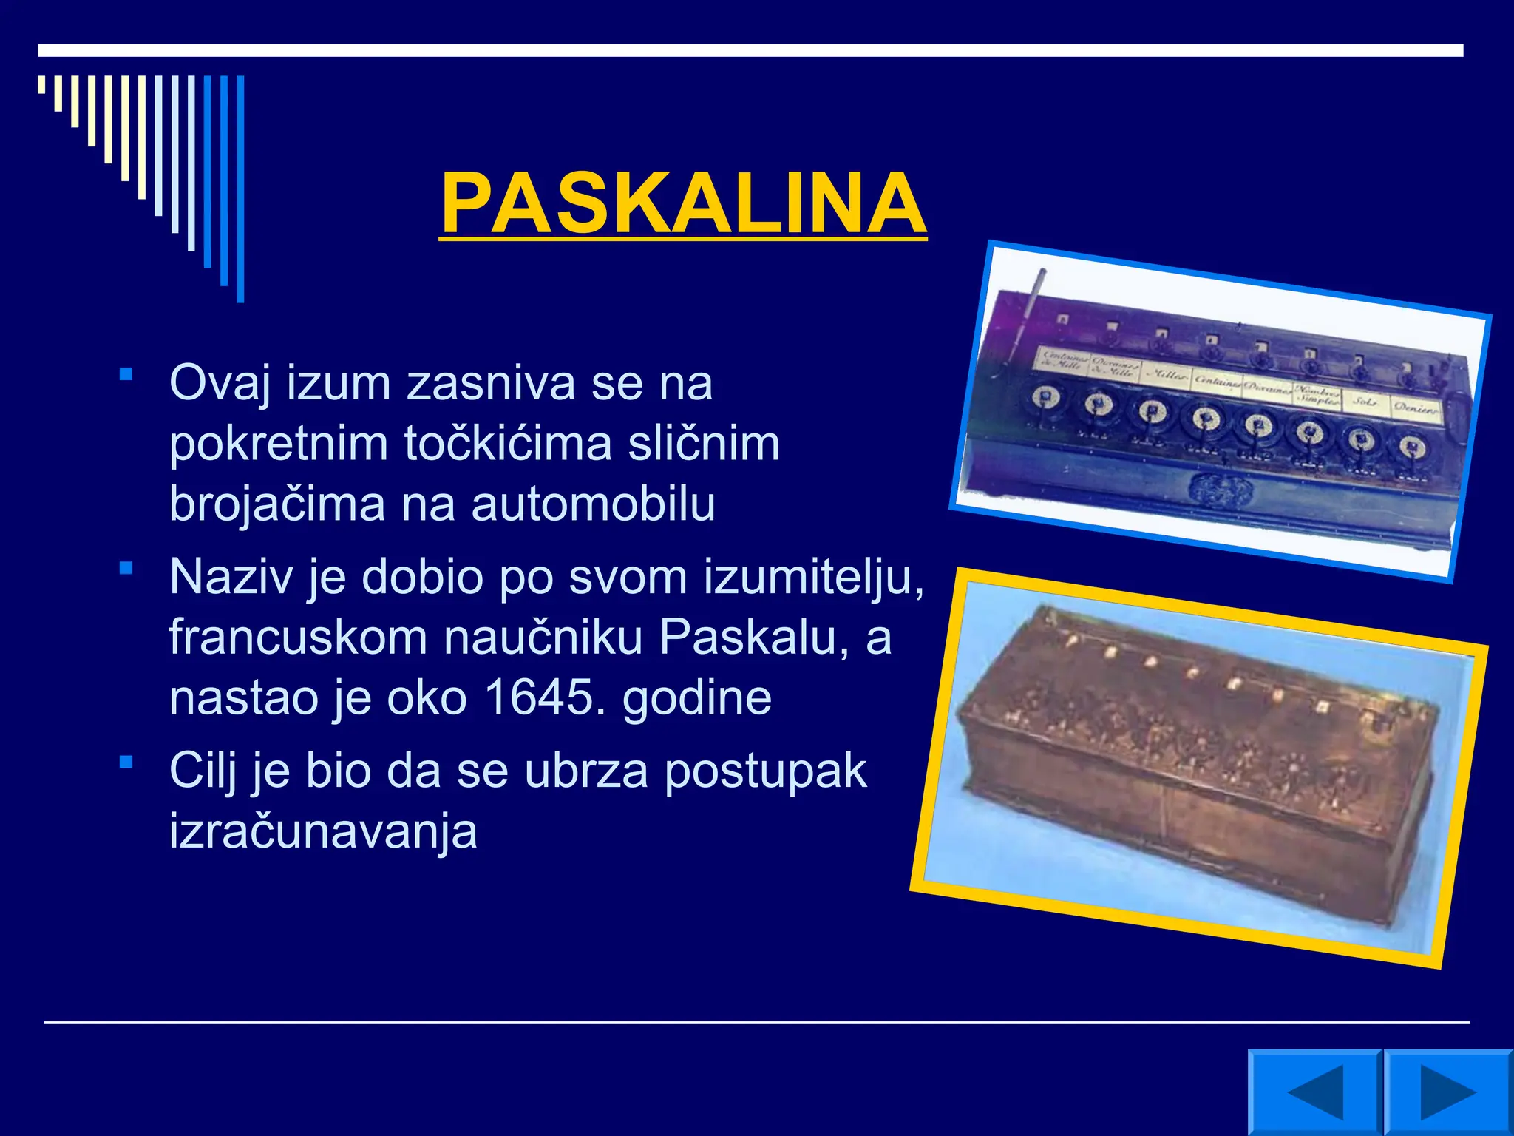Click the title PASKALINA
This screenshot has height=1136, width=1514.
click(683, 203)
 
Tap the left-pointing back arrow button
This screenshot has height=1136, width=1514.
click(1314, 1092)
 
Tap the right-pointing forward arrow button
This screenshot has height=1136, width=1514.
click(1447, 1092)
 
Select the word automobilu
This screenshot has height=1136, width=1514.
click(593, 504)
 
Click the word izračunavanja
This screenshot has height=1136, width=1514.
click(323, 831)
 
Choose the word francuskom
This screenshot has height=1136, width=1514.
click(299, 638)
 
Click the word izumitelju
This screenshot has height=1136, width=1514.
click(813, 578)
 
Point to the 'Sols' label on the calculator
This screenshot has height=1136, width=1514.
click(1363, 402)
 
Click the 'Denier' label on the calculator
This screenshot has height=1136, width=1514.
click(1415, 408)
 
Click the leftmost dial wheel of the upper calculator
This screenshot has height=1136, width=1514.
click(1046, 399)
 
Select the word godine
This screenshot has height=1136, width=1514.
click(697, 697)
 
